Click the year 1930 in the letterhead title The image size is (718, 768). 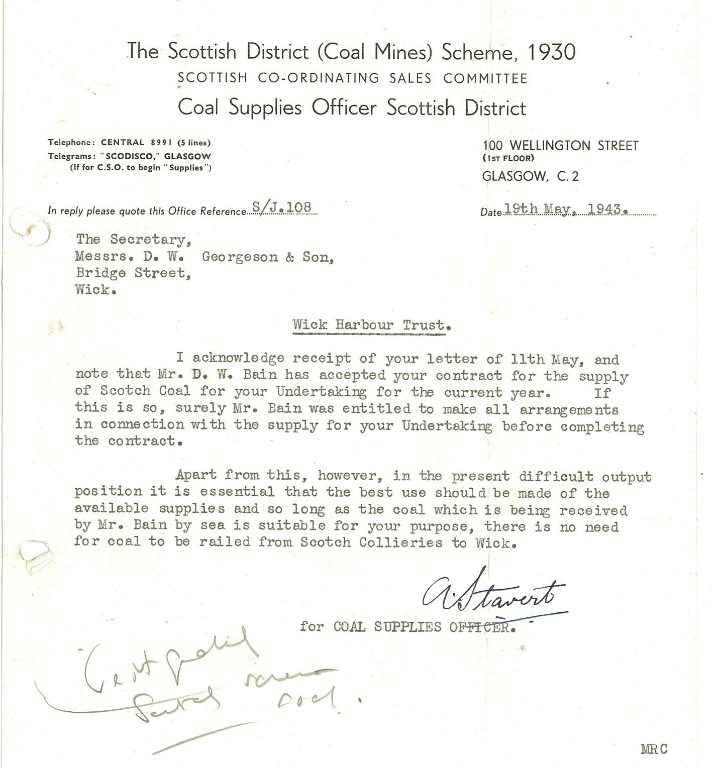552,52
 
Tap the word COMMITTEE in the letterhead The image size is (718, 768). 485,79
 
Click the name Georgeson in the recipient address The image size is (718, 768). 240,257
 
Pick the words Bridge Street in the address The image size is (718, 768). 133,273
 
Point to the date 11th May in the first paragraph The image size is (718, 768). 547,360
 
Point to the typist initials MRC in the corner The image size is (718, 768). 654,749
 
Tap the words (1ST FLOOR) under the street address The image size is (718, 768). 508,158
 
